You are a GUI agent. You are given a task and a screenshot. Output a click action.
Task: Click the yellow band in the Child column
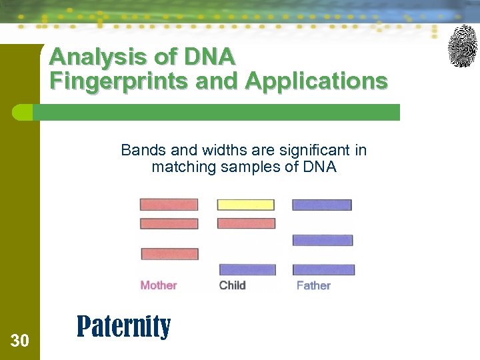coord(245,205)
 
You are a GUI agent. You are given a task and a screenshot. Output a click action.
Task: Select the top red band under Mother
coord(169,205)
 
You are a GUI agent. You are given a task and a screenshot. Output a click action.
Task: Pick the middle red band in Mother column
coord(169,224)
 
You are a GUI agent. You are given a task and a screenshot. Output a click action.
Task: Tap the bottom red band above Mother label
coord(169,254)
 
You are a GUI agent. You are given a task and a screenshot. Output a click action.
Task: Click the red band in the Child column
coord(246,223)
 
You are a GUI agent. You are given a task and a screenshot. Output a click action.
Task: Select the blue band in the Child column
coord(247,270)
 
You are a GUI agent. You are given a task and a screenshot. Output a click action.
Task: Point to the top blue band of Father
coord(322,205)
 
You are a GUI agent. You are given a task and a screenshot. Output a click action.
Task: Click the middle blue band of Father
coord(323,240)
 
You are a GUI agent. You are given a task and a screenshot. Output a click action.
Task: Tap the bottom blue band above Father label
coord(323,270)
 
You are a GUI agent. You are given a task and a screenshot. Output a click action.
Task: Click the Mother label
coord(159,285)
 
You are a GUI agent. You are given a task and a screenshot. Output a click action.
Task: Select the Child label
coord(233,285)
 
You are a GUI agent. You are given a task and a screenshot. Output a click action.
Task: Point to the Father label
coord(313,285)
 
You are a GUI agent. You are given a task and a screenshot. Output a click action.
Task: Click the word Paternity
coord(123,327)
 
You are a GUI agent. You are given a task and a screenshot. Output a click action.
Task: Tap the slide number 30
coord(20,341)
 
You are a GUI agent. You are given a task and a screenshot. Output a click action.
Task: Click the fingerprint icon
coord(462,46)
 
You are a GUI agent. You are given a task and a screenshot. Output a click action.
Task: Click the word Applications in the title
coord(316,81)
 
